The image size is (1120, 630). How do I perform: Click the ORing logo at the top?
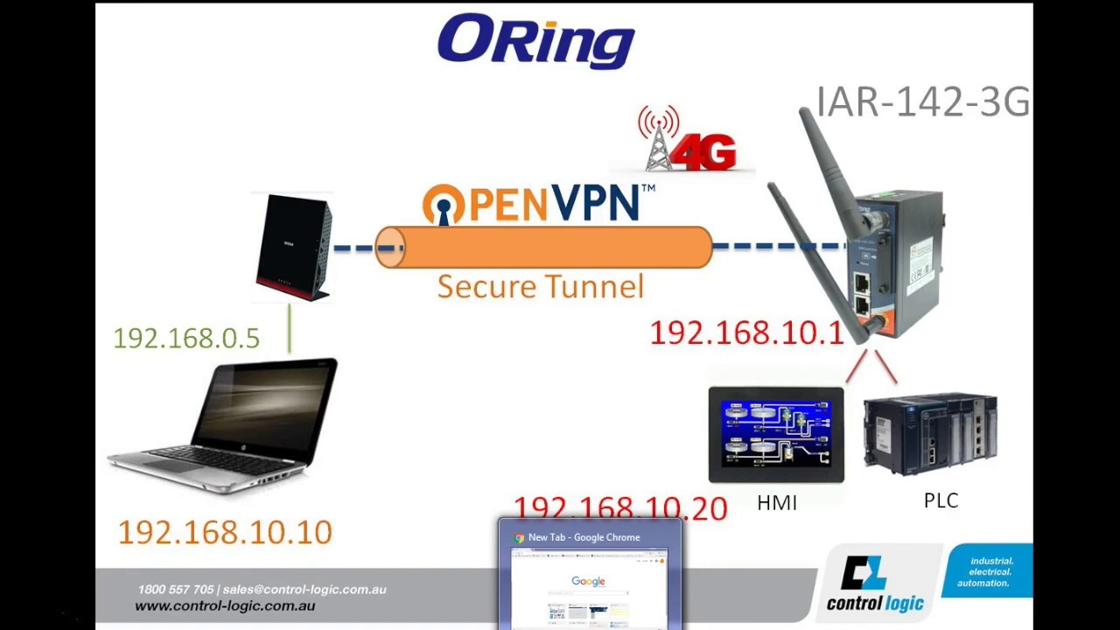535,40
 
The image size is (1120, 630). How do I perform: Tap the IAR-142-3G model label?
922,102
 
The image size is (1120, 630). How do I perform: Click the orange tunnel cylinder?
543,248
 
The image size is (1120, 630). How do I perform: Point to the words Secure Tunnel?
540,287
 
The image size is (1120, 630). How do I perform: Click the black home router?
294,248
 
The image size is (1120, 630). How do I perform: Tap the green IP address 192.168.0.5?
186,339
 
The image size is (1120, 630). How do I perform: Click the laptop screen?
263,410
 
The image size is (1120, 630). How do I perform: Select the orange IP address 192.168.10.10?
225,532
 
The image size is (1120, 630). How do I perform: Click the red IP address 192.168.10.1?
746,333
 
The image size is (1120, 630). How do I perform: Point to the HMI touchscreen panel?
776,434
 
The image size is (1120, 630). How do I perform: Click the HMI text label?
777,503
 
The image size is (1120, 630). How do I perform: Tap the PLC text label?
941,500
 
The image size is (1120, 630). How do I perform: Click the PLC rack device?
930,434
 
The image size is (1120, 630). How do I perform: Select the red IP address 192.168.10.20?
620,507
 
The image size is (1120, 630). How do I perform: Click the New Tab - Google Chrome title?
584,537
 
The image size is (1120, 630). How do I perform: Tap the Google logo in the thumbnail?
588,581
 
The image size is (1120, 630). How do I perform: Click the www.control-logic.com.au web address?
225,605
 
